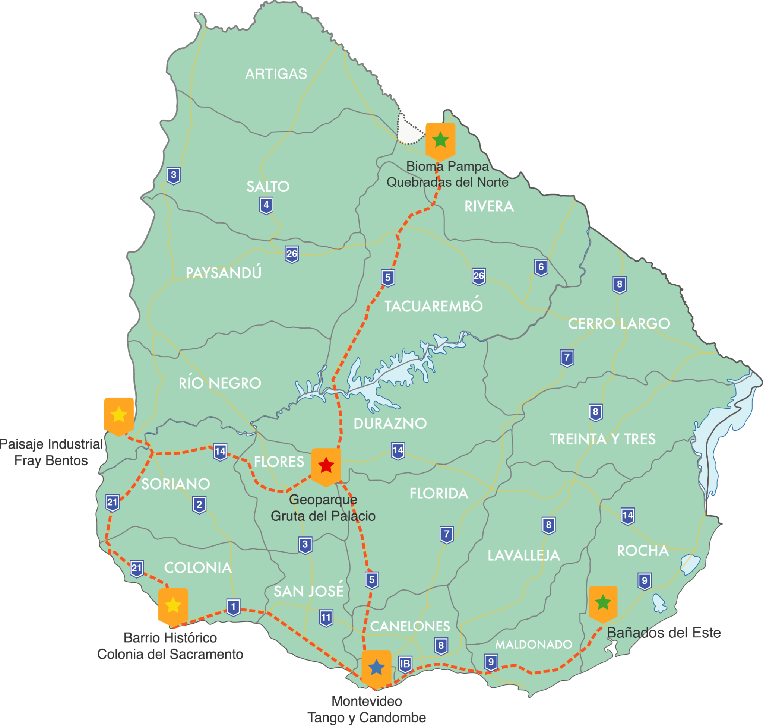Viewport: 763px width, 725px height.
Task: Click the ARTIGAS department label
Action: tap(276, 74)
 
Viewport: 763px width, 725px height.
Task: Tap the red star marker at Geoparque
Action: tap(326, 465)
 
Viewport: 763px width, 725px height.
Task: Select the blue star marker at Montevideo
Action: tap(376, 667)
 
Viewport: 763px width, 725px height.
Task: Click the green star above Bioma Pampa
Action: tap(440, 140)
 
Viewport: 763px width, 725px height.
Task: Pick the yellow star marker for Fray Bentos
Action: tap(119, 415)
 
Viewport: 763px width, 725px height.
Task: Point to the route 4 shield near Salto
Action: tap(266, 205)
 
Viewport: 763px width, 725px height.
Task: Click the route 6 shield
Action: tap(541, 267)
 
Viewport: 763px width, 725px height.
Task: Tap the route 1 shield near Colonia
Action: tap(233, 607)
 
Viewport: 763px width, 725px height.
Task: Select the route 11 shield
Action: tap(326, 618)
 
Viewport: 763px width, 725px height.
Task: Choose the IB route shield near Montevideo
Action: tap(405, 664)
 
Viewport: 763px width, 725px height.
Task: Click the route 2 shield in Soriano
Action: tap(199, 504)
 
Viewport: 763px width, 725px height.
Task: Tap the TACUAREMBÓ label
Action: tap(433, 307)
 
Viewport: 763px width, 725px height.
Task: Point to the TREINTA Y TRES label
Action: tap(602, 439)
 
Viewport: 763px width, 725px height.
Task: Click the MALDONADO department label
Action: tap(534, 645)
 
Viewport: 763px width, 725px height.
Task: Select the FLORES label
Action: tap(279, 462)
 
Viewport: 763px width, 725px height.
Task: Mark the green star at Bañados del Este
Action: tap(602, 602)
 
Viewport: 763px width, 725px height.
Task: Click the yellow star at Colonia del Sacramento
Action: tap(173, 605)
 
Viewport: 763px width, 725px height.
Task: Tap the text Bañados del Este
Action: tap(663, 633)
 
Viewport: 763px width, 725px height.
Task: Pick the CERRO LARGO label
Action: tap(618, 323)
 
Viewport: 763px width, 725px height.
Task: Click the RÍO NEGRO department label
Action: tap(219, 383)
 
